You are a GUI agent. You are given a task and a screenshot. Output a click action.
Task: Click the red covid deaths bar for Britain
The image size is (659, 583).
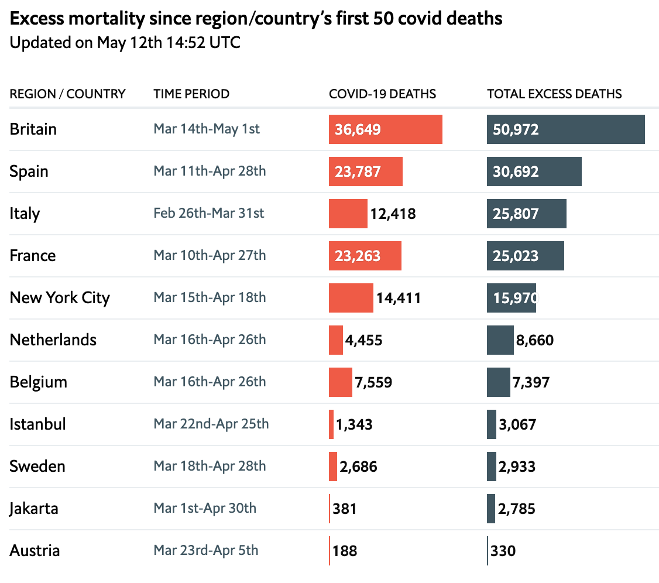click(x=385, y=129)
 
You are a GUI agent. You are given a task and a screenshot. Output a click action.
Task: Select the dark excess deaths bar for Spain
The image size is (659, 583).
click(x=534, y=171)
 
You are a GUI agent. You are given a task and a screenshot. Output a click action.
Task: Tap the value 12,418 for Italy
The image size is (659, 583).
click(x=393, y=214)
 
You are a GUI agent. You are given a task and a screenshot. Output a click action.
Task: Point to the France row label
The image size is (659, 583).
click(x=33, y=255)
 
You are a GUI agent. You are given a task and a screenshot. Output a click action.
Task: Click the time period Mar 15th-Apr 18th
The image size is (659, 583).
click(x=210, y=297)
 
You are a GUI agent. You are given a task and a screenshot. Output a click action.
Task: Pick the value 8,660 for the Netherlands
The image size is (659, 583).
click(x=534, y=340)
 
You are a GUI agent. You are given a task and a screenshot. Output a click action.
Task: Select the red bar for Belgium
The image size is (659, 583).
click(x=340, y=382)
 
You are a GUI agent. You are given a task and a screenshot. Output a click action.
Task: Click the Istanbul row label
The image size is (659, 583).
click(x=37, y=424)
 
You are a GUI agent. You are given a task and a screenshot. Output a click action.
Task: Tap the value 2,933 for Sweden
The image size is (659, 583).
click(x=517, y=467)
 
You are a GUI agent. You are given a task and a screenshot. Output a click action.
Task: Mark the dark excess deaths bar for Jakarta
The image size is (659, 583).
click(x=490, y=508)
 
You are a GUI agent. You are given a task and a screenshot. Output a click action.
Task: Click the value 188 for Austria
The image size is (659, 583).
click(x=345, y=551)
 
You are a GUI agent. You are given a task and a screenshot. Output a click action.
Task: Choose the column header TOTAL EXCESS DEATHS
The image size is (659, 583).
click(x=554, y=94)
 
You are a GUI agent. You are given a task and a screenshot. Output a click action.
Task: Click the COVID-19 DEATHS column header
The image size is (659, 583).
click(x=382, y=94)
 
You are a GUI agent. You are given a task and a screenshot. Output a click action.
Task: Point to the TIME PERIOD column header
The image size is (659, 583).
click(x=191, y=94)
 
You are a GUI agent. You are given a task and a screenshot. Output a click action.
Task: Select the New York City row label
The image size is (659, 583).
click(x=60, y=297)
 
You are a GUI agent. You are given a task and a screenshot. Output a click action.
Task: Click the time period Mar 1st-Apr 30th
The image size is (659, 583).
click(x=205, y=508)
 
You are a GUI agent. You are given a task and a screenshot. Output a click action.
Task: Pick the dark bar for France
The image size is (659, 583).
click(x=525, y=255)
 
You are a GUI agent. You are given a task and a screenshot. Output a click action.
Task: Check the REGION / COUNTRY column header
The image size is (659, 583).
click(x=67, y=94)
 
